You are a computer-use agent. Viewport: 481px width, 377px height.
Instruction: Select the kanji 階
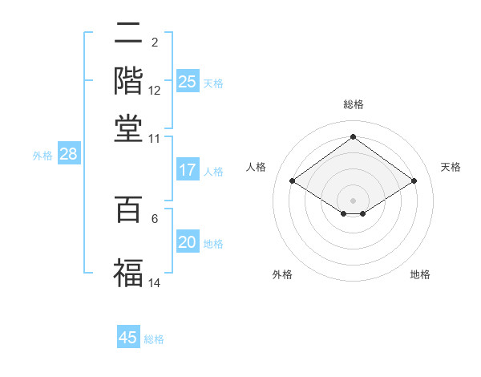pos(128,80)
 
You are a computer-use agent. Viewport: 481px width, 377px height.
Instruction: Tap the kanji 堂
pos(128,128)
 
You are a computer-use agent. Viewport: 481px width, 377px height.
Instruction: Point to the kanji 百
pos(128,209)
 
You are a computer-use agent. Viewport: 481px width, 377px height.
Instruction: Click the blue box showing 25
pos(188,81)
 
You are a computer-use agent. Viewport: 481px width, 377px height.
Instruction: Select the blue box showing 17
pos(188,170)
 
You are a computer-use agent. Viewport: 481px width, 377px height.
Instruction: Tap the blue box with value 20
pos(188,242)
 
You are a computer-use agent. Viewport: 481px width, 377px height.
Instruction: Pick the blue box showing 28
pos(69,155)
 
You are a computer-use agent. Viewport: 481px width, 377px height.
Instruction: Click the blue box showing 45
pos(128,338)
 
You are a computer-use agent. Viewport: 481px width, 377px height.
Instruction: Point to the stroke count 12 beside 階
pos(155,91)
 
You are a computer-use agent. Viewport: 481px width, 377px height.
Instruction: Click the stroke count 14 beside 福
pos(155,282)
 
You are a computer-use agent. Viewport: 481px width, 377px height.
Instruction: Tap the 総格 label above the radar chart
pos(354,104)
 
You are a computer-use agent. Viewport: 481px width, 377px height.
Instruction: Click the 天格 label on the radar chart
pos(451,167)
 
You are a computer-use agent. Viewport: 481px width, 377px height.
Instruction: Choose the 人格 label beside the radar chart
pos(256,167)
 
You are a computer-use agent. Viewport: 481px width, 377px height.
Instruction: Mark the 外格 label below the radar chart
pos(282,274)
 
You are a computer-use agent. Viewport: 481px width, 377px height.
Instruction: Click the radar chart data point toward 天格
pos(414,181)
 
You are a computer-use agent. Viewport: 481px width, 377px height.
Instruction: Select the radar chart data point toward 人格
pos(293,181)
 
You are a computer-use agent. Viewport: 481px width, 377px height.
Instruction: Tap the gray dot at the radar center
pos(354,200)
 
